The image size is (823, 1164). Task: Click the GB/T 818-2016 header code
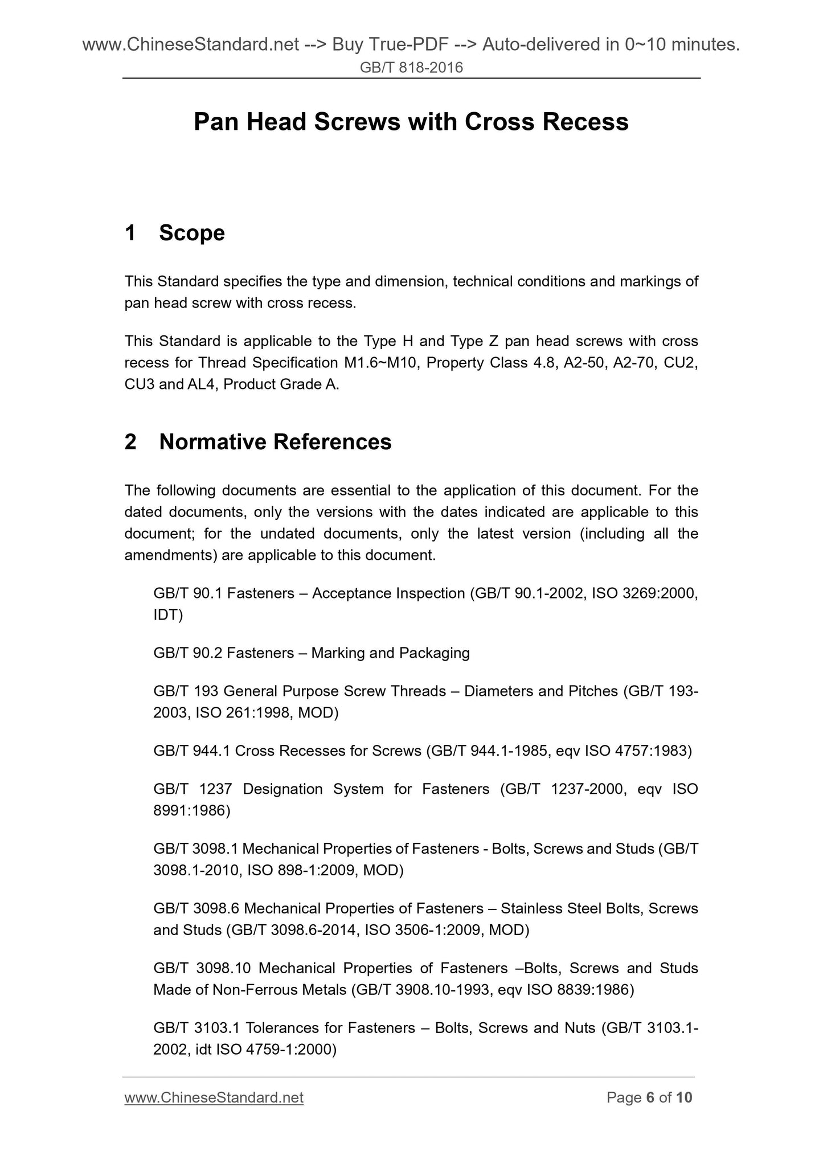click(411, 68)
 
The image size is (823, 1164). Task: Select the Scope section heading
click(191, 233)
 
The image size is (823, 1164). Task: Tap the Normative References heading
click(275, 442)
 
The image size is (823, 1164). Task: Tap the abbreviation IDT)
click(168, 615)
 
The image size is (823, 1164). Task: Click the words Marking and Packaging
click(391, 653)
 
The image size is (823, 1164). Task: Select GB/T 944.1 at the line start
click(191, 751)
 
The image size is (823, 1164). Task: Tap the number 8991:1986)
click(192, 811)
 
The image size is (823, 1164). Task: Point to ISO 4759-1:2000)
click(276, 1050)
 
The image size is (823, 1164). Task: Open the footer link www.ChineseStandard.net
click(214, 1097)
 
